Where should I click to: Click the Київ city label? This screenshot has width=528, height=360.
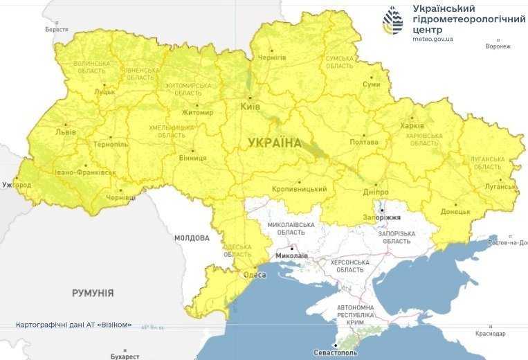[x=249, y=107]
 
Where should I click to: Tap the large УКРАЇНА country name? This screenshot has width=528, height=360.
[x=275, y=143]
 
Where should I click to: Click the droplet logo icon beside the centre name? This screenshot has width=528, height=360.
[x=393, y=21]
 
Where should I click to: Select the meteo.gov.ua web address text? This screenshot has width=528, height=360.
[x=433, y=39]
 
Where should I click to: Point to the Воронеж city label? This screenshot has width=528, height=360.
[x=498, y=46]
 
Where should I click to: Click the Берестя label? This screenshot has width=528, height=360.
[x=57, y=30]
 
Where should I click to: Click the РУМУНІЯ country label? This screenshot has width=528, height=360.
[x=93, y=293]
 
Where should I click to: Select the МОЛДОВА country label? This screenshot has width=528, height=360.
[x=192, y=237]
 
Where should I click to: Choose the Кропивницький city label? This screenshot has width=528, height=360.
[x=298, y=189]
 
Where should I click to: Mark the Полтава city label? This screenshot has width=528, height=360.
[x=365, y=143]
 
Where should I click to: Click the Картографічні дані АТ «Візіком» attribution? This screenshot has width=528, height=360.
[x=74, y=325]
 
